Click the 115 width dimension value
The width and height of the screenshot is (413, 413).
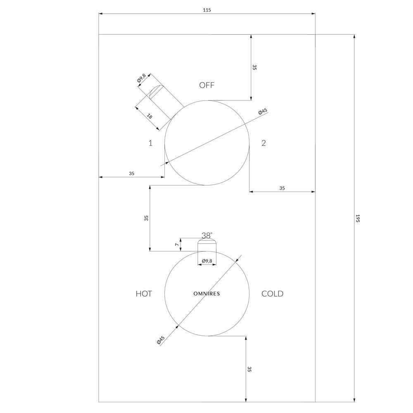(207, 10)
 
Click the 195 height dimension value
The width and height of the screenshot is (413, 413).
(357, 218)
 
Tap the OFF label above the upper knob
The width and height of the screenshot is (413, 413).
(207, 85)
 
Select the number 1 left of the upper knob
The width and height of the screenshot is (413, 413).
(150, 143)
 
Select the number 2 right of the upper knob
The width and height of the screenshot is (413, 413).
(263, 143)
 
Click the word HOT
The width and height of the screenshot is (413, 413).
(144, 294)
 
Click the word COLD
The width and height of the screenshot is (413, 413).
(272, 294)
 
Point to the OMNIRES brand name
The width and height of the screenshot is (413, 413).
(207, 294)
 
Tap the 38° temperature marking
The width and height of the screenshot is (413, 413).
(207, 235)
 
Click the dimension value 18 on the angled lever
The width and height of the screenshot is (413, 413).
(150, 116)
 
